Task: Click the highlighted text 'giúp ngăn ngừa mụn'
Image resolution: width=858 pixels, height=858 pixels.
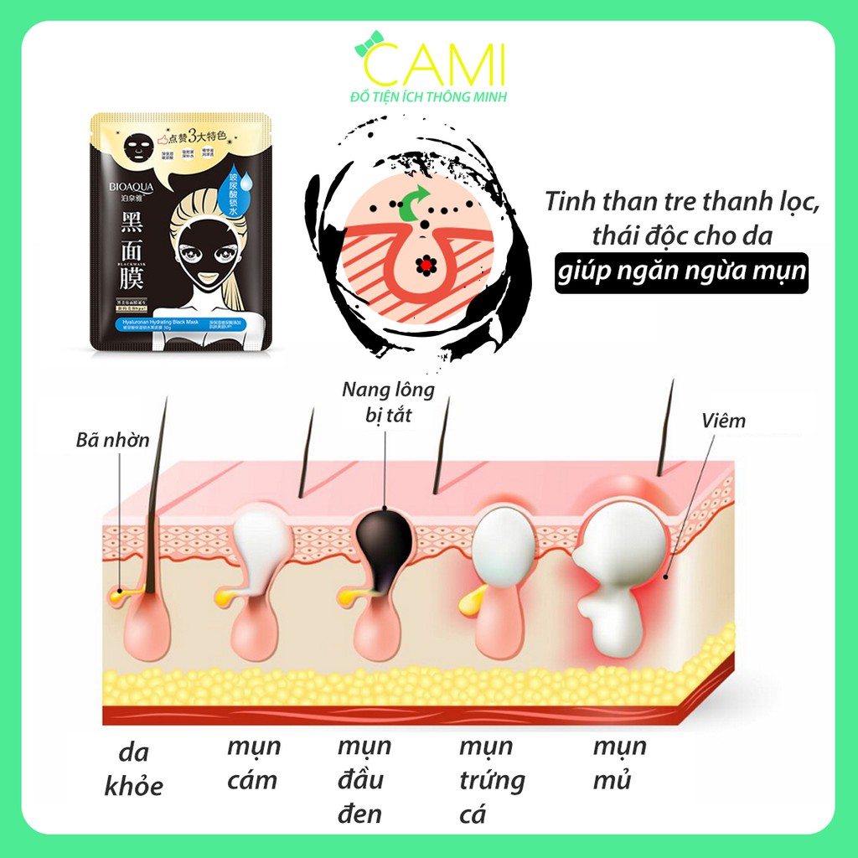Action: (681, 273)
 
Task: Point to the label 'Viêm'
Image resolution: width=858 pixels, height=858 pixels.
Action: (723, 421)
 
